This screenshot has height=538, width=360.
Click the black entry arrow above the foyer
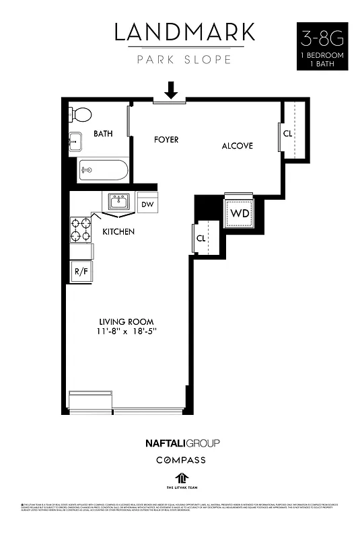tap(171, 89)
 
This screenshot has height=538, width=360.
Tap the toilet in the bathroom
tap(81, 114)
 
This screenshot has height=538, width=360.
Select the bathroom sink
tap(76, 141)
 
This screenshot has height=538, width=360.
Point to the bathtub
tap(103, 169)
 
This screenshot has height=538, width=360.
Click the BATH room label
tap(103, 134)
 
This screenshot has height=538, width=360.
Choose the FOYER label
tap(166, 140)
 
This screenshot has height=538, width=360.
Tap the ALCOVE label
tap(238, 145)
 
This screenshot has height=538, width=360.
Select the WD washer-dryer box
tap(239, 213)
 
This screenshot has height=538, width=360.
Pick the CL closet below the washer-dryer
tap(201, 238)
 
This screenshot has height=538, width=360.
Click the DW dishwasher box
tap(147, 203)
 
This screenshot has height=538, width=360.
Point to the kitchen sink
tap(120, 202)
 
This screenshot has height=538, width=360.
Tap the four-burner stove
tap(81, 229)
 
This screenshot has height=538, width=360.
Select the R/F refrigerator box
tap(80, 272)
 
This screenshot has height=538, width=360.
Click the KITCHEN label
tap(118, 232)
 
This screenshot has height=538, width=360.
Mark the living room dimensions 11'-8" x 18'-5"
tap(127, 332)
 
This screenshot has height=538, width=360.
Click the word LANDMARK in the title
tap(184, 32)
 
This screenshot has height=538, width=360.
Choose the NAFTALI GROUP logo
tap(182, 443)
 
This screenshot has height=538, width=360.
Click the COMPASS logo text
tap(180, 460)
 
